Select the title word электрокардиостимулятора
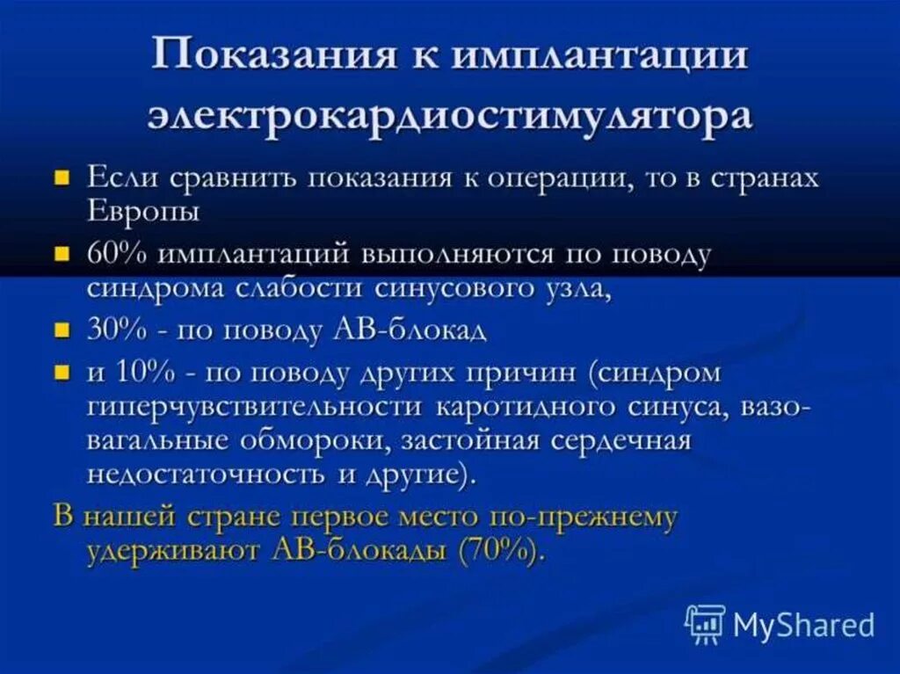[450, 116]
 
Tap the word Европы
[142, 212]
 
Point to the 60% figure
[116, 254]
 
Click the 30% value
[116, 331]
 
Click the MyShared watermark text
[804, 625]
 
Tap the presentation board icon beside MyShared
[705, 624]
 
